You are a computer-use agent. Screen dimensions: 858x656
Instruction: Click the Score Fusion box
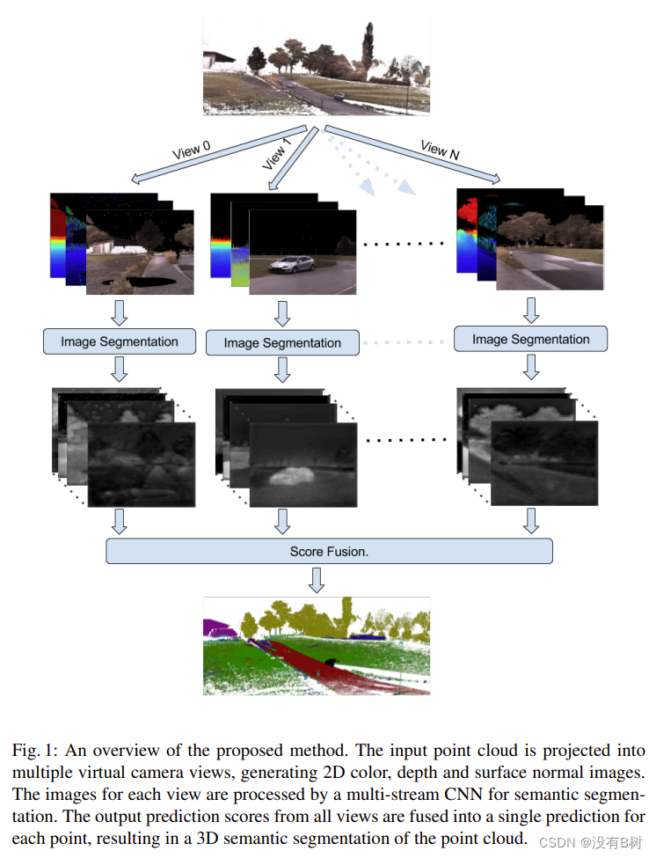coord(329,552)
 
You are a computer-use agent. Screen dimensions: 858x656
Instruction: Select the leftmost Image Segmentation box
coord(120,341)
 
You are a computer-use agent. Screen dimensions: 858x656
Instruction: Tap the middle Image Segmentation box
coord(282,343)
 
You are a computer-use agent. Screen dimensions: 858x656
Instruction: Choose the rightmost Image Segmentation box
coord(530,339)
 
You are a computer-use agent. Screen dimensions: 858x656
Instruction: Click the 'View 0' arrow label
coord(191,151)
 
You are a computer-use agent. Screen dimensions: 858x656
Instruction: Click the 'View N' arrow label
coord(440,150)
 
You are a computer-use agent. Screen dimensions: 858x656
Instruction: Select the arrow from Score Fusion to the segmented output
coord(317,580)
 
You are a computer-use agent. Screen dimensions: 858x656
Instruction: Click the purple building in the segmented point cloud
coord(220,627)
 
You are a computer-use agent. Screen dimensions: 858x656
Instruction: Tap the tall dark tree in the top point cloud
coord(367,48)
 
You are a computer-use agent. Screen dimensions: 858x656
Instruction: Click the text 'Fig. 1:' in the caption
coord(33,752)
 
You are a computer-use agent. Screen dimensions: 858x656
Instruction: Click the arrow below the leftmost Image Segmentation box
coord(120,370)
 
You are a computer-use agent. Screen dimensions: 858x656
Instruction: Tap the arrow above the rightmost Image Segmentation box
coord(530,310)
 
